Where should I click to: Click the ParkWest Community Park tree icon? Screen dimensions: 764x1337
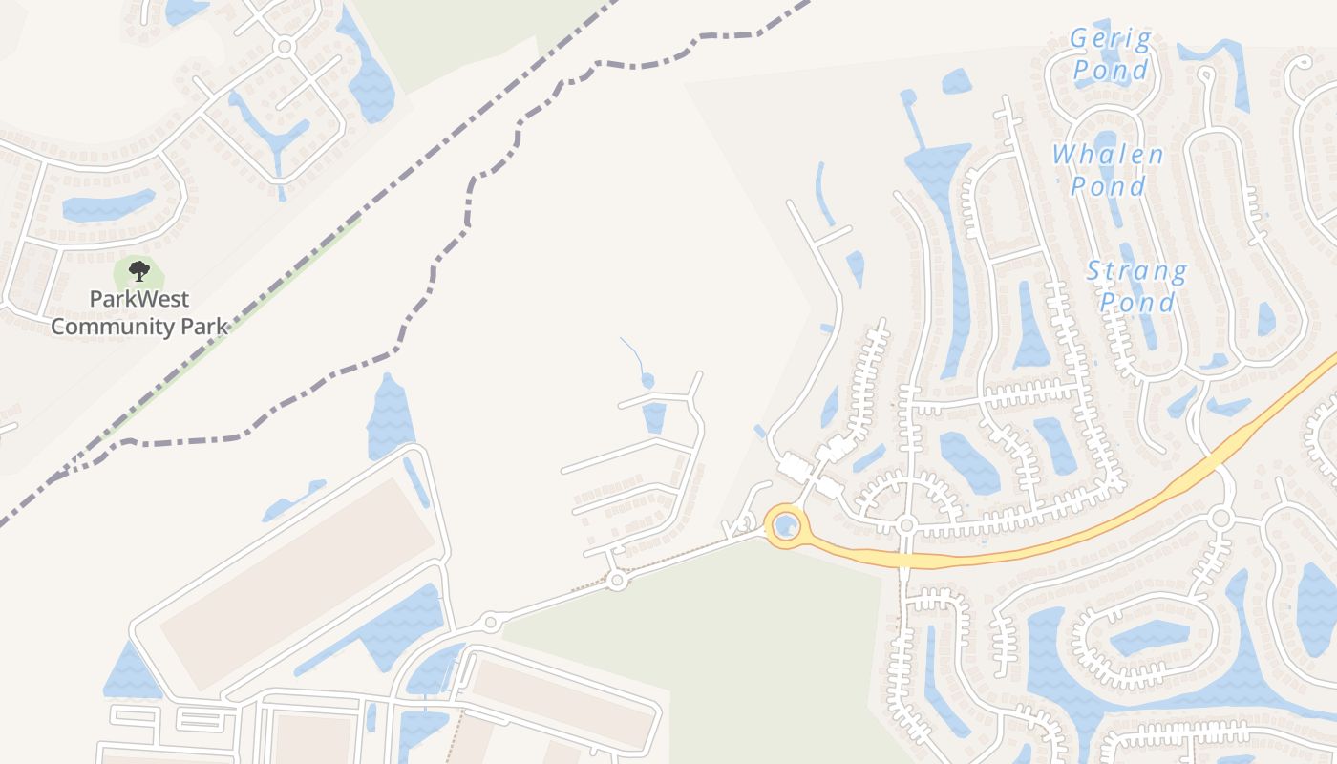[139, 271]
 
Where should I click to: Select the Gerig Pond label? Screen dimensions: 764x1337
[1110, 54]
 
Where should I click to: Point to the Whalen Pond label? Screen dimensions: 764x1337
[1108, 170]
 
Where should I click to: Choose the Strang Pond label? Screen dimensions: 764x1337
[1137, 286]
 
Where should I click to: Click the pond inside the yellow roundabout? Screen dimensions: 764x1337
[786, 525]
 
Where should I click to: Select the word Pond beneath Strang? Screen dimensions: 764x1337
[1137, 303]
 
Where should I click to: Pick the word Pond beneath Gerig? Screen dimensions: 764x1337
[1110, 70]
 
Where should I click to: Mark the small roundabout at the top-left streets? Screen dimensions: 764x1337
[284, 46]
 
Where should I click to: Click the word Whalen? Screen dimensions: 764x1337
[1108, 155]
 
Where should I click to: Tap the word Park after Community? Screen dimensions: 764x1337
[204, 327]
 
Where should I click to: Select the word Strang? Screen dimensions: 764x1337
[1137, 272]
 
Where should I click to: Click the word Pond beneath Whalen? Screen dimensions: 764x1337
[1108, 185]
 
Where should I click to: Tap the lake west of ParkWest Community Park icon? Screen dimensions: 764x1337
[107, 205]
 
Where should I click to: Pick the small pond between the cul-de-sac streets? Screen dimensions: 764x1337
[654, 417]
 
